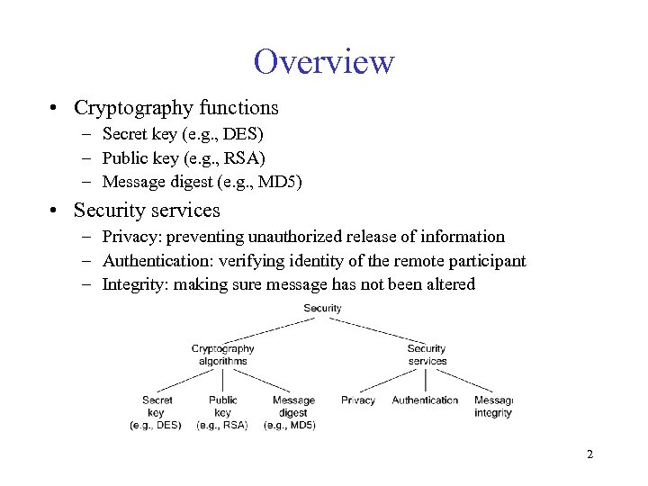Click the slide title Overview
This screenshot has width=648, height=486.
(324, 62)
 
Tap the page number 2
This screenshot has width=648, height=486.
(589, 454)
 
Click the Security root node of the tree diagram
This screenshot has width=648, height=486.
(322, 309)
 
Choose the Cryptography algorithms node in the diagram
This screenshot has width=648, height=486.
(223, 355)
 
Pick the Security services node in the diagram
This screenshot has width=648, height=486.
(427, 355)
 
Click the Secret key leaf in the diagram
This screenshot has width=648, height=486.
(157, 412)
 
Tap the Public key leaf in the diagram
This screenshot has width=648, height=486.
(222, 412)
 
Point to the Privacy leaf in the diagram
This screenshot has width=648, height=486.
(358, 400)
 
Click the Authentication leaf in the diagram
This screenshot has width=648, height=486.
(425, 400)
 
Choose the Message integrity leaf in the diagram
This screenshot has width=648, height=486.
(492, 407)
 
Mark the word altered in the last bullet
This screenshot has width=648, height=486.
(450, 285)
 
